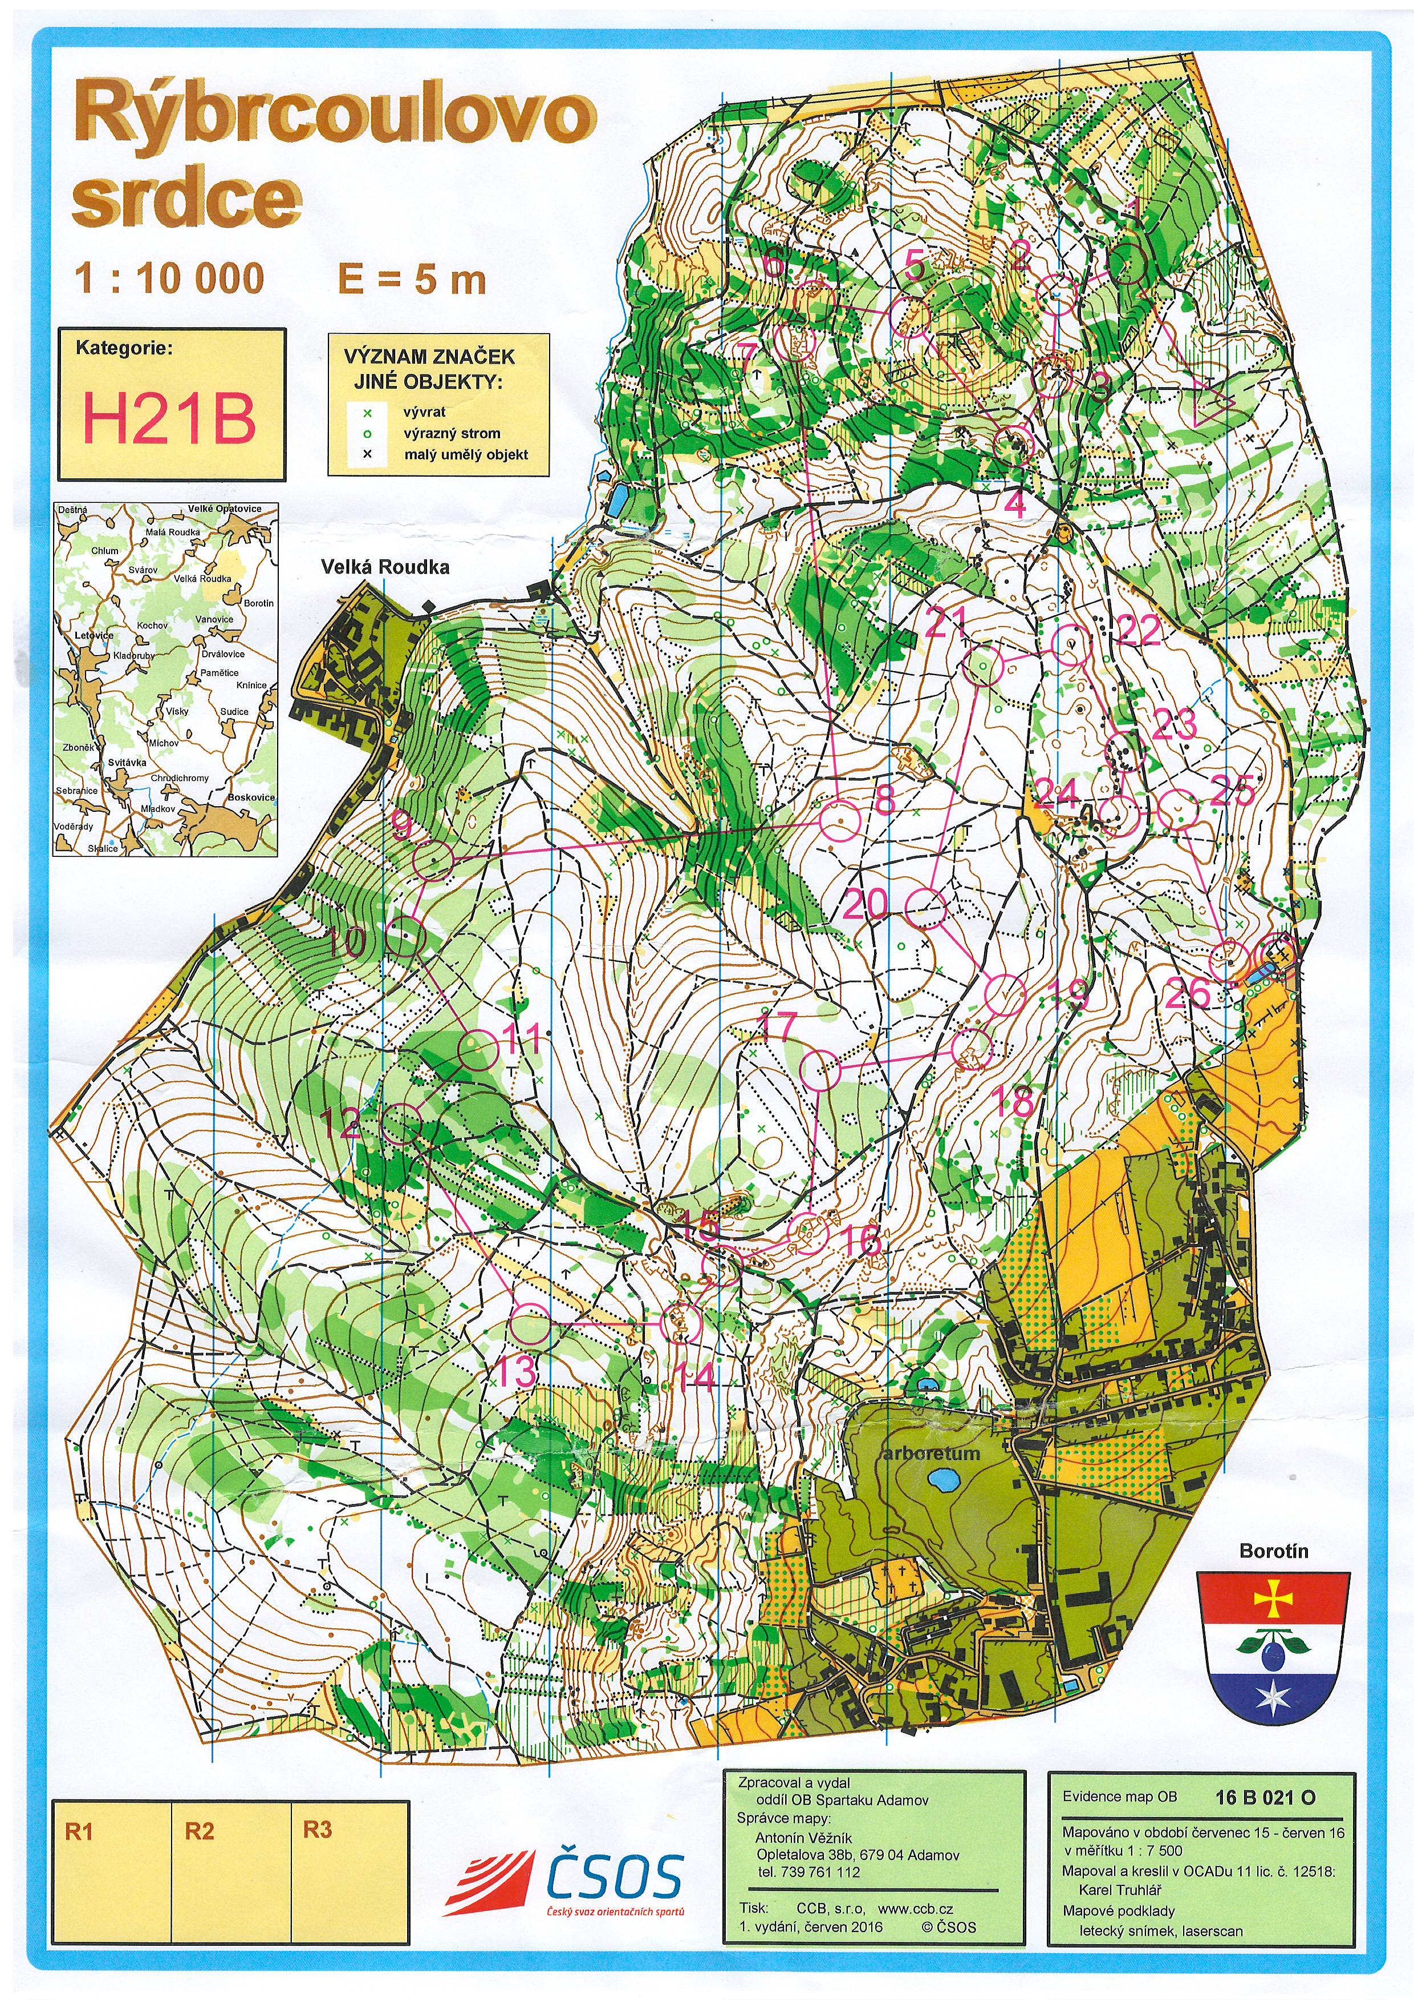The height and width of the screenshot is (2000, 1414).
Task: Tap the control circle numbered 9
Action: pyautogui.click(x=433, y=860)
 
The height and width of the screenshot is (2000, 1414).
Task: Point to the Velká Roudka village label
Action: pyautogui.click(x=385, y=567)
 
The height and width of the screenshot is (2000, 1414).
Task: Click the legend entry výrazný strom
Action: pyautogui.click(x=452, y=433)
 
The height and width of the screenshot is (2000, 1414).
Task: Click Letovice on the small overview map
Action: pyautogui.click(x=93, y=635)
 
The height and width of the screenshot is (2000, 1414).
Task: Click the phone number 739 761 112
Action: pyautogui.click(x=808, y=1871)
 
